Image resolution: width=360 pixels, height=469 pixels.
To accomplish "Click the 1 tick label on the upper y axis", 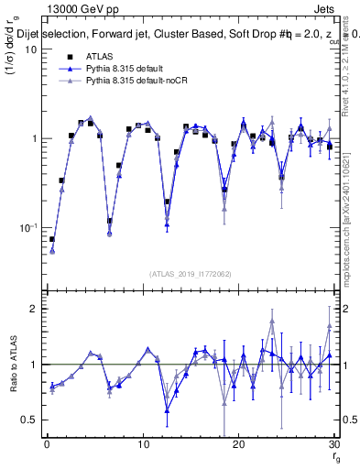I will coord(32,138).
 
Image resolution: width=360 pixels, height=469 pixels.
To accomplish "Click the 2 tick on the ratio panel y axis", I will coord(32,309).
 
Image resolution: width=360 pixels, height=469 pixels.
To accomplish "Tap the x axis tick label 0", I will coord(47,445).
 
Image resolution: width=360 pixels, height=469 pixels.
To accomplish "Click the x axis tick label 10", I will coord(143,445).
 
